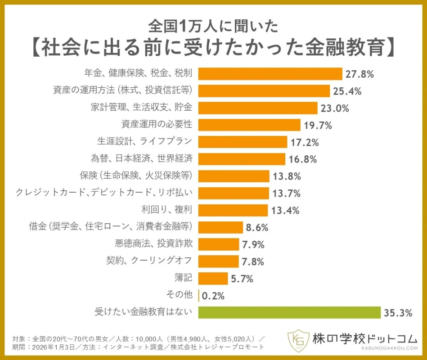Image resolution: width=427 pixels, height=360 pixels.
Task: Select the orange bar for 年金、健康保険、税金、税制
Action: pyautogui.click(x=270, y=74)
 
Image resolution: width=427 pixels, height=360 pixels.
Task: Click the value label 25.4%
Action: pyautogui.click(x=347, y=91)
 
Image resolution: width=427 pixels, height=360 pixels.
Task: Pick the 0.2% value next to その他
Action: pyautogui.click(x=213, y=296)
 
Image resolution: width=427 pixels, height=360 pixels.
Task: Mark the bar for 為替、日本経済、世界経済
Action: pyautogui.click(x=242, y=159)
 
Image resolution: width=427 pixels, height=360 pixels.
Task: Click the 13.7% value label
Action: pyautogui.click(x=286, y=193)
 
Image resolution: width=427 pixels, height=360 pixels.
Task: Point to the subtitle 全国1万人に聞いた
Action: pyautogui.click(x=213, y=27)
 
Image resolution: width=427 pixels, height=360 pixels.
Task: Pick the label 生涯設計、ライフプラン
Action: pyautogui.click(x=144, y=142)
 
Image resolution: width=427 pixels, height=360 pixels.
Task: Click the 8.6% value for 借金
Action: pyautogui.click(x=257, y=227)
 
